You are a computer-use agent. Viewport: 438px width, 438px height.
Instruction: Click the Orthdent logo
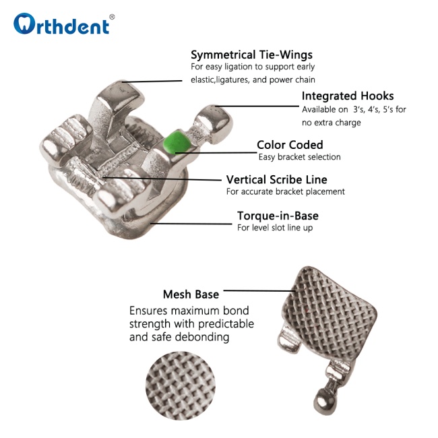(61, 24)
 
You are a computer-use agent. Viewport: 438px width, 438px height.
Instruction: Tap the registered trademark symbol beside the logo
(112, 17)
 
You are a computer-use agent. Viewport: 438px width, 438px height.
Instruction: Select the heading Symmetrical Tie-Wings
(251, 55)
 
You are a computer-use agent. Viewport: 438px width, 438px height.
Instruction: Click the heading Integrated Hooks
(348, 96)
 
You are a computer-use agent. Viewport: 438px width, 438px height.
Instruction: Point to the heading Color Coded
(290, 145)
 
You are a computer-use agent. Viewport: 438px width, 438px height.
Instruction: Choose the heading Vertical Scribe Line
(276, 180)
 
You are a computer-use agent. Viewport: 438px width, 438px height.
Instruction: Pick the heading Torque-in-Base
(278, 216)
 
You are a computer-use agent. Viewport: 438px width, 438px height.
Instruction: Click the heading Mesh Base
(191, 294)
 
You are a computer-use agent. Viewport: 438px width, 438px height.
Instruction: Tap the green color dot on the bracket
(177, 142)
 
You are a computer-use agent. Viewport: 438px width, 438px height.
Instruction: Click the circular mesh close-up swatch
(180, 385)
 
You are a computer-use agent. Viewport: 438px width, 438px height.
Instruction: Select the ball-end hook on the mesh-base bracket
(325, 400)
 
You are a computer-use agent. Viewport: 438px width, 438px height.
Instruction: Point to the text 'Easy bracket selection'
(299, 157)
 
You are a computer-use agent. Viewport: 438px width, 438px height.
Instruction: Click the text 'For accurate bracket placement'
(286, 191)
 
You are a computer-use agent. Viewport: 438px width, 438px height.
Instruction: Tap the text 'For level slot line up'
(275, 228)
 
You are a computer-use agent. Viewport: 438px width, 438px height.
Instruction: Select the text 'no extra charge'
(332, 123)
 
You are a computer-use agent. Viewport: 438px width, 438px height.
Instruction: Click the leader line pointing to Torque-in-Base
(191, 224)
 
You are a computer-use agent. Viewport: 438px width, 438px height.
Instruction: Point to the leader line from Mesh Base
(259, 291)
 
